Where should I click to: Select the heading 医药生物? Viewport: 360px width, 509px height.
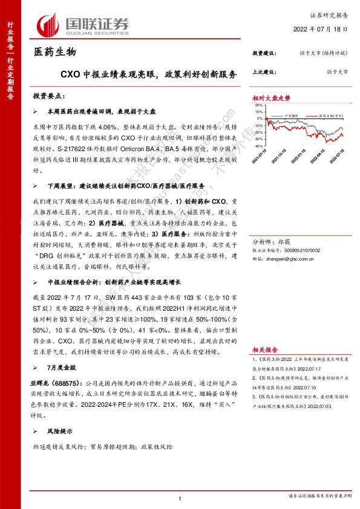coord(54,53)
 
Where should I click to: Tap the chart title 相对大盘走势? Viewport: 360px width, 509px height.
coord(272,97)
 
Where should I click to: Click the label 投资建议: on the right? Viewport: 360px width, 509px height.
coord(264,53)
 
